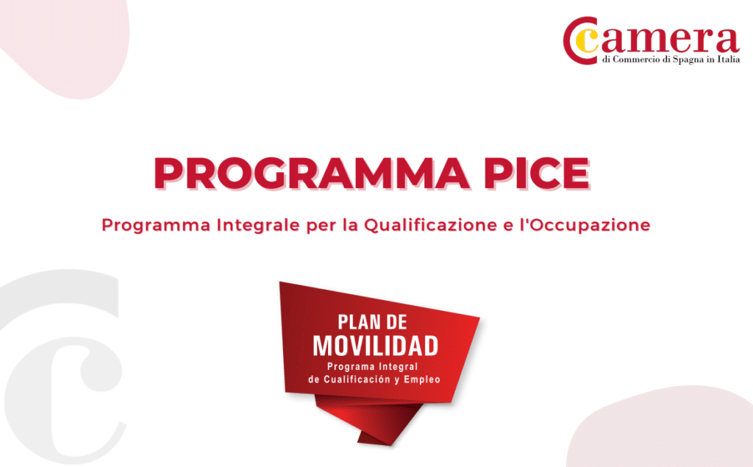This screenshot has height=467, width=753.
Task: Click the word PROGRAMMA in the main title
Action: (312, 173)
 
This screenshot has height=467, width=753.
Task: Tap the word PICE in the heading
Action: (536, 173)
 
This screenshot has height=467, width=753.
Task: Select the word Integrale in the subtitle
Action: (258, 225)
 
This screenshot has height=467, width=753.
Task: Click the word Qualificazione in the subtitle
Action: (430, 225)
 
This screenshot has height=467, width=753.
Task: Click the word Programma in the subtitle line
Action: (156, 225)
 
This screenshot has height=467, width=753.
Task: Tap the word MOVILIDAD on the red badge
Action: (376, 346)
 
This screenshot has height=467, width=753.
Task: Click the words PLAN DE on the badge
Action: (372, 322)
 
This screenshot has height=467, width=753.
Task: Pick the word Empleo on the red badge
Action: (422, 379)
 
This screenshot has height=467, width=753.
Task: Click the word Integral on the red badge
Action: (398, 366)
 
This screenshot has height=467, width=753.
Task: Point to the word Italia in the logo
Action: (729, 60)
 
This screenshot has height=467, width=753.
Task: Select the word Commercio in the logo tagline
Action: (637, 60)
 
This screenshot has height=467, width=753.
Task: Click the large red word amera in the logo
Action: (669, 40)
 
